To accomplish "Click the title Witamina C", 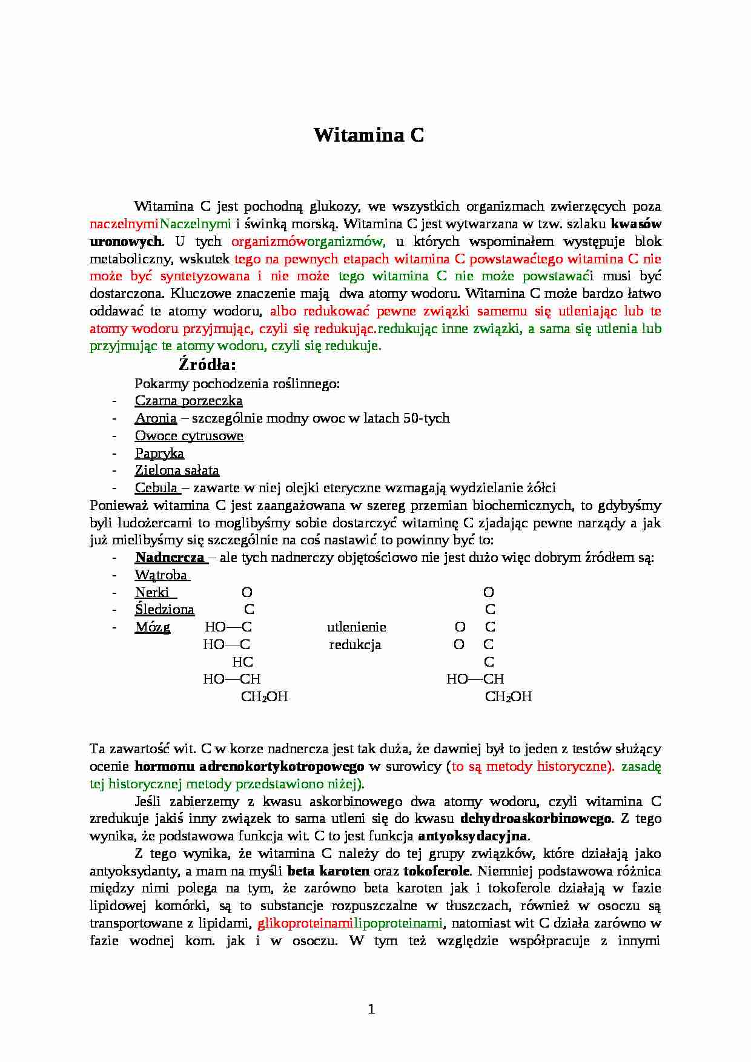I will (369, 135).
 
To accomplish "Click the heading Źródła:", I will (207, 364).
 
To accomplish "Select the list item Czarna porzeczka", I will (188, 401).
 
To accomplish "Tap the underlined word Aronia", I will (156, 418).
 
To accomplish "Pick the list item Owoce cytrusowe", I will (189, 436).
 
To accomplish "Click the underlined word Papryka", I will (159, 453).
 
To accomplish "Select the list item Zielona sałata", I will (177, 470).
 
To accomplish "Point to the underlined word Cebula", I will (156, 488).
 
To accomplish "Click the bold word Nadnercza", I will (170, 558).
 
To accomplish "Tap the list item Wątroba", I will (161, 575).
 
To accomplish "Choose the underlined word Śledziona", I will (165, 610).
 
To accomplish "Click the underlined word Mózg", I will (153, 627).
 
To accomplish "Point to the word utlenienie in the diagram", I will (356, 627).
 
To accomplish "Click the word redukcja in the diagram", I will (355, 645).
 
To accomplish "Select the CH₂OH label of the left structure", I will (264, 697).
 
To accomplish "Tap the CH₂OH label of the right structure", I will (508, 697).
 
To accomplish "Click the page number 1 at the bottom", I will (371, 1009).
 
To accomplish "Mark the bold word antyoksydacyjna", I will (473, 836).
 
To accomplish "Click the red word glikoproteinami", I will (305, 923).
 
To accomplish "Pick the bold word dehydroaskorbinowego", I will (536, 819).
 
